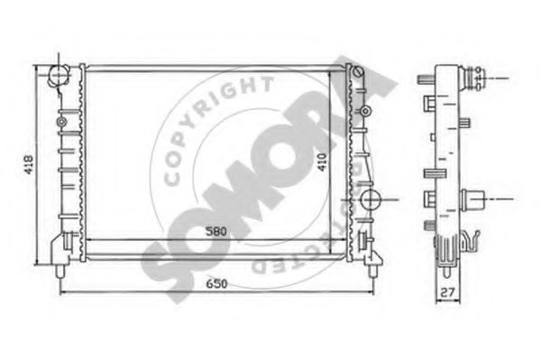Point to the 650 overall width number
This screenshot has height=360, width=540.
[x=213, y=282]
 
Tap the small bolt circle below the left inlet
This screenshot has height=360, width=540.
[x=60, y=121]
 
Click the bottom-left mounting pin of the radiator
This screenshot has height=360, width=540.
[x=60, y=268]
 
